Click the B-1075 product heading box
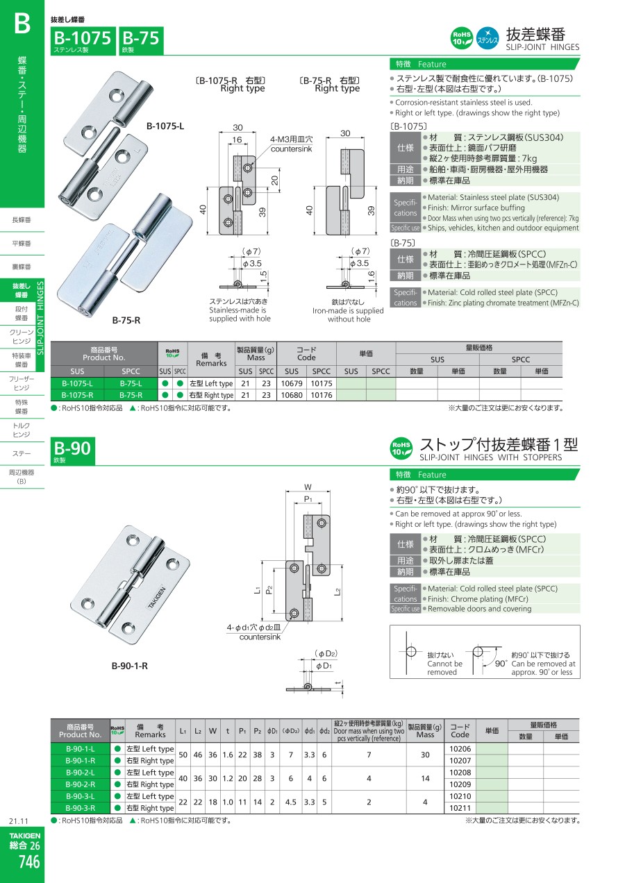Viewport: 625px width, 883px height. tap(83, 41)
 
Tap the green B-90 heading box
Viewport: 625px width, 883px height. tap(72, 451)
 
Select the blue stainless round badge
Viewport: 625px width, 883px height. tap(487, 38)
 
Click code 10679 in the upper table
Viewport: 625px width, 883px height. tap(292, 383)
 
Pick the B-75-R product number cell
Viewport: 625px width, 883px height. tap(131, 395)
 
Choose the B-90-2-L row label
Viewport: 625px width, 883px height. tap(80, 772)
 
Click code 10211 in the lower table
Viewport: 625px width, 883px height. tap(460, 808)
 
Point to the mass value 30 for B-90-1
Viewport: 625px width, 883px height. tap(425, 755)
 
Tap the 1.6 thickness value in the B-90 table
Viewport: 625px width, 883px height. tap(228, 755)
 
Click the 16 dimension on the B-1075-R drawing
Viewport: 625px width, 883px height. tap(237, 140)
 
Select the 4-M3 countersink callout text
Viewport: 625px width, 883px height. tap(291, 144)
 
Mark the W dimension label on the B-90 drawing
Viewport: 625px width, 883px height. tap(308, 487)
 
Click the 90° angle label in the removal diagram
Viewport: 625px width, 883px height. tap(501, 663)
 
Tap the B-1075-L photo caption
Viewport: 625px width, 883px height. tap(165, 126)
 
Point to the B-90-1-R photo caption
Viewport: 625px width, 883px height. tap(129, 666)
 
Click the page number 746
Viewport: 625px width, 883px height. tap(28, 862)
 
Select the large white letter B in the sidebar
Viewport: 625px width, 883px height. tap(22, 24)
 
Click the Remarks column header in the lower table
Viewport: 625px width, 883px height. tap(150, 730)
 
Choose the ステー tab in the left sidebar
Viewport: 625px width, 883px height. tap(22, 454)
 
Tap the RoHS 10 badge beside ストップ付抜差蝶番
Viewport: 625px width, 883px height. tap(401, 448)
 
